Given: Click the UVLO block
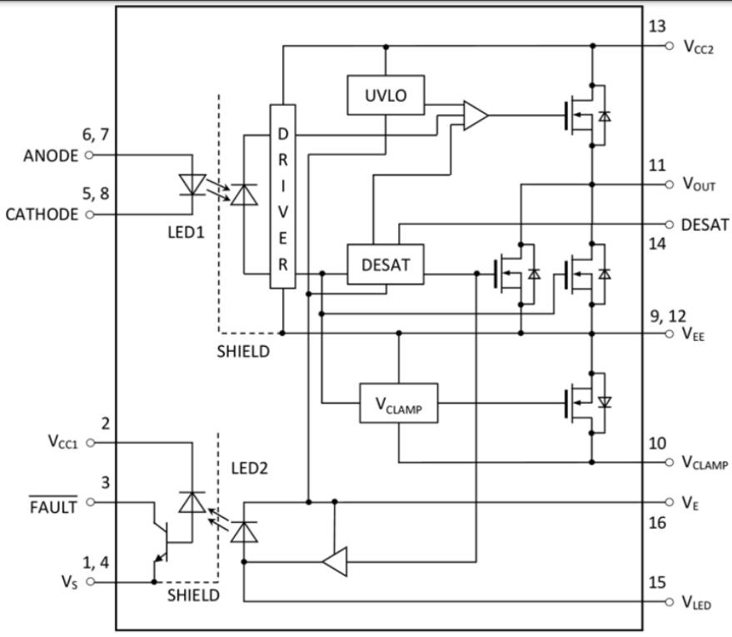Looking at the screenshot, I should tap(386, 95).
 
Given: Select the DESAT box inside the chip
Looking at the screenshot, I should tap(386, 265).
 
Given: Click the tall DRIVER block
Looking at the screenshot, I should tap(282, 197).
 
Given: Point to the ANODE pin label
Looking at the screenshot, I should tap(52, 155).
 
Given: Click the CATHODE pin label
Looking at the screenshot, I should tap(42, 213).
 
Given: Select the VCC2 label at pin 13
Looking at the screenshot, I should tap(699, 48).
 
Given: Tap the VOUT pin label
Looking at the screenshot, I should tap(699, 184).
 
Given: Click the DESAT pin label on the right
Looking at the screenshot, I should tap(705, 225).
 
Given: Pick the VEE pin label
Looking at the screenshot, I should tap(694, 335).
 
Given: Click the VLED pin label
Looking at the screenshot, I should tap(696, 602).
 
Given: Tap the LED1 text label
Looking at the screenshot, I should tap(186, 230).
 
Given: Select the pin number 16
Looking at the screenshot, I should tap(657, 522).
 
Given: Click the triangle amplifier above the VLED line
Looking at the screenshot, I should tap(334, 564).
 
